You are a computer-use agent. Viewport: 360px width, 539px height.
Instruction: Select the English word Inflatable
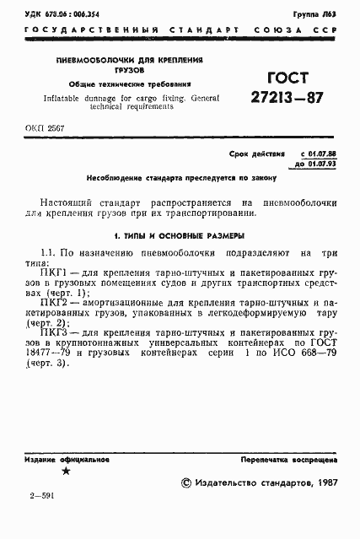click(76, 97)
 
